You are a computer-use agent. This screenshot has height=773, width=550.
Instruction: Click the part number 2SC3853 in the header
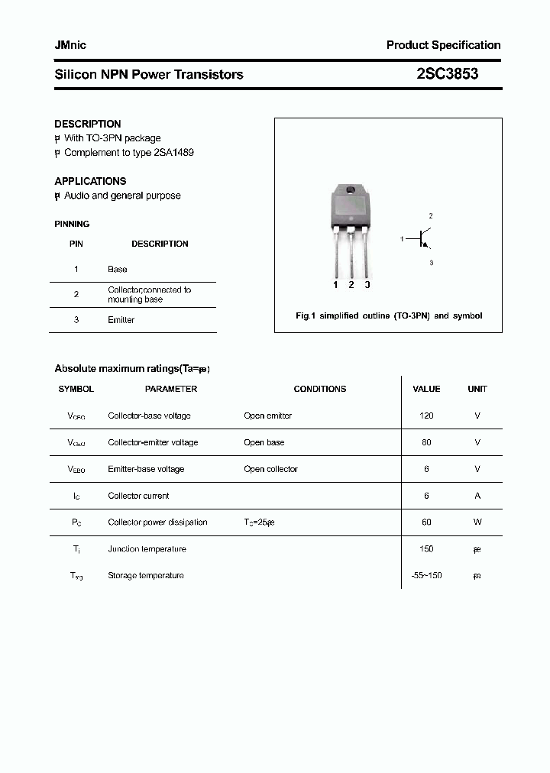[447, 74]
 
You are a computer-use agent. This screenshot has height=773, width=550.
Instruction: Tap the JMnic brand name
[70, 45]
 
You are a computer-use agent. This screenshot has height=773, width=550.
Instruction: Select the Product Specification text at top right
[443, 45]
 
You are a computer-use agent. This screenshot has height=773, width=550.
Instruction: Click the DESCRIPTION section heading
[88, 124]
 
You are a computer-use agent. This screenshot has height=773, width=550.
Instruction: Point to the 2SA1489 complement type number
[173, 152]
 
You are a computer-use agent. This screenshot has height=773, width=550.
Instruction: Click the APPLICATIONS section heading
[90, 181]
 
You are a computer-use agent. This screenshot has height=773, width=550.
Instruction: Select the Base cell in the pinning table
[118, 269]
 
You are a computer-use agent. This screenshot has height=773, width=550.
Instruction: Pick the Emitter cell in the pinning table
[121, 320]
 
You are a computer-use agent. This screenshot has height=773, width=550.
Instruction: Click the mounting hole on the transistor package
[351, 190]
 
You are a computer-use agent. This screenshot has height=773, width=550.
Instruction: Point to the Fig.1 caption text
[389, 315]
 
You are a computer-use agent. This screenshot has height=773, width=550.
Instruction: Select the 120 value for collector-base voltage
[426, 416]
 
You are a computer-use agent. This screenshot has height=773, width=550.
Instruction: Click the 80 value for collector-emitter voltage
[426, 442]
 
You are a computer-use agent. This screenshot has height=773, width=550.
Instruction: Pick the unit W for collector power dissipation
[477, 522]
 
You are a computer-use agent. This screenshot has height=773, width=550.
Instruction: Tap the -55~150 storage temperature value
[426, 576]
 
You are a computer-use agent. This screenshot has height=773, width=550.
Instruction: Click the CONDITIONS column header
[320, 389]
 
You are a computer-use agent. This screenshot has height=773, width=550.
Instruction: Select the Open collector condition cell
[270, 469]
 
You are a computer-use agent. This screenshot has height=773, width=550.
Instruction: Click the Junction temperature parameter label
[147, 549]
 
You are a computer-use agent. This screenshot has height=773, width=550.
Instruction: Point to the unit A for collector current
[477, 496]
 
